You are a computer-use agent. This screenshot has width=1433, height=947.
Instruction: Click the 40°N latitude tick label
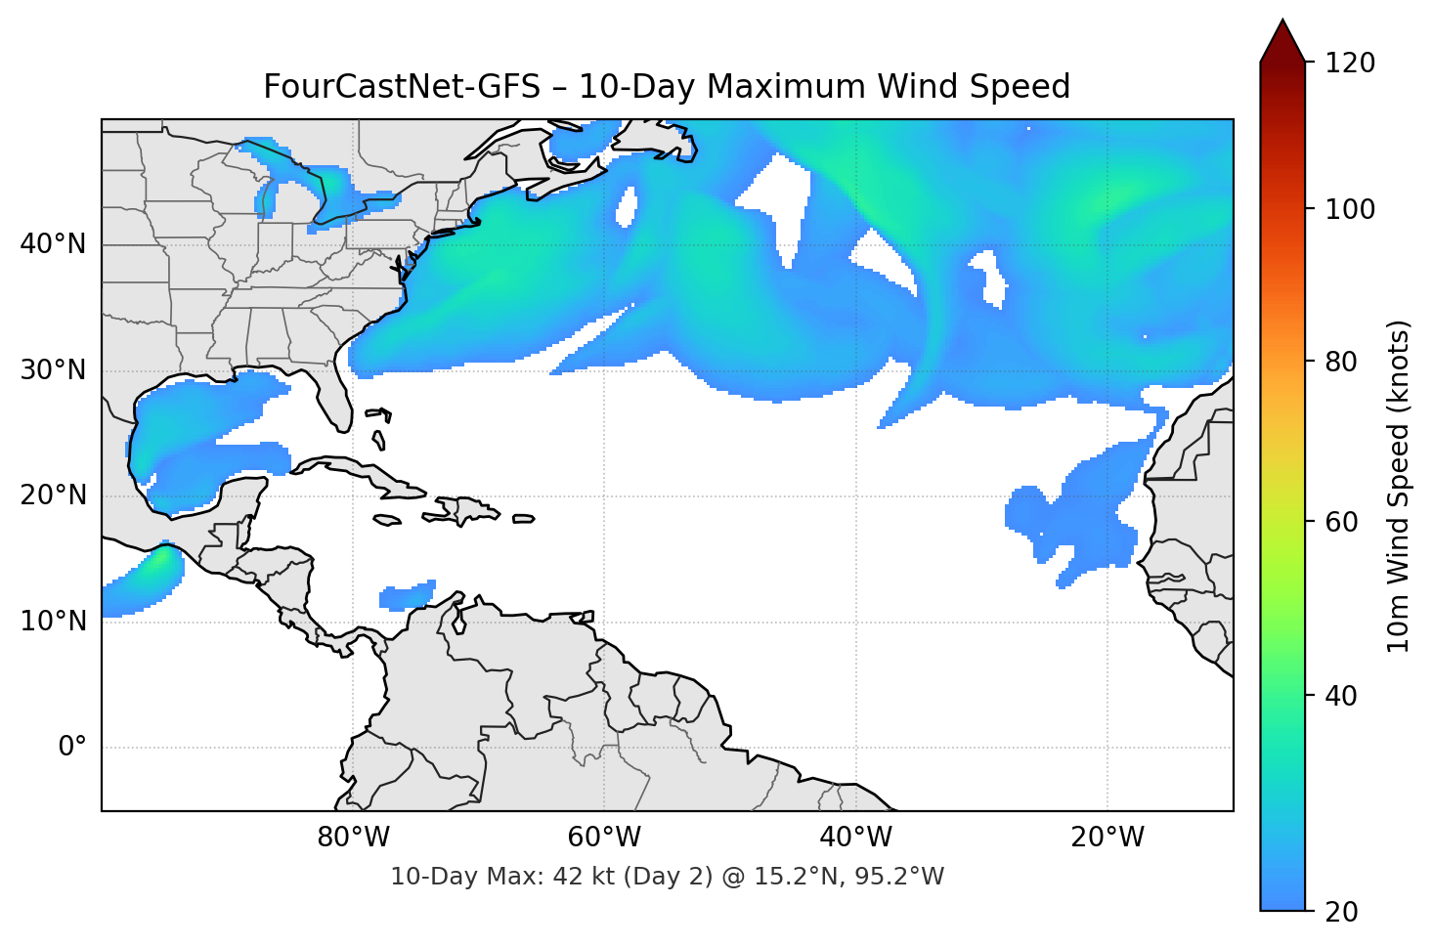pyautogui.click(x=53, y=244)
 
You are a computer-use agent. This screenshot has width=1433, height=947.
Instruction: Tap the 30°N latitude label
pyautogui.click(x=53, y=370)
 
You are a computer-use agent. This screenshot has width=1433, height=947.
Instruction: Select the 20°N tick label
pyautogui.click(x=53, y=495)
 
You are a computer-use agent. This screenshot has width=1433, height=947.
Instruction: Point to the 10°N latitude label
pyautogui.click(x=53, y=622)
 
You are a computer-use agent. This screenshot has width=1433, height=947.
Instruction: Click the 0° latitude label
pyautogui.click(x=72, y=748)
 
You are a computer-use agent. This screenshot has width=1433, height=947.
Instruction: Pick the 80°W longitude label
pyautogui.click(x=353, y=838)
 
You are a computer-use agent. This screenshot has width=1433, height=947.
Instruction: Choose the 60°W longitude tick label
pyautogui.click(x=604, y=838)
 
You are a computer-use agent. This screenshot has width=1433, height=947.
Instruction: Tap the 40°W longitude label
pyautogui.click(x=855, y=838)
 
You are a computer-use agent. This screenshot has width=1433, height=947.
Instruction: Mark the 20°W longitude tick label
pyautogui.click(x=1107, y=838)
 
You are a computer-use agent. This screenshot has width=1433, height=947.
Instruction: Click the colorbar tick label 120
pyautogui.click(x=1349, y=63)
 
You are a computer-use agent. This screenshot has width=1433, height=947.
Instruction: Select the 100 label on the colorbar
pyautogui.click(x=1349, y=209)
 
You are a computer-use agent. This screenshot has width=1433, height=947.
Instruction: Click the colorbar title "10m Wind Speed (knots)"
pyautogui.click(x=1399, y=486)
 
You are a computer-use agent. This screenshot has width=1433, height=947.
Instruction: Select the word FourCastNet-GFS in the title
pyautogui.click(x=402, y=87)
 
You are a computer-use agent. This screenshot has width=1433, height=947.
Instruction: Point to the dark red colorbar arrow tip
pyautogui.click(x=1282, y=29)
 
